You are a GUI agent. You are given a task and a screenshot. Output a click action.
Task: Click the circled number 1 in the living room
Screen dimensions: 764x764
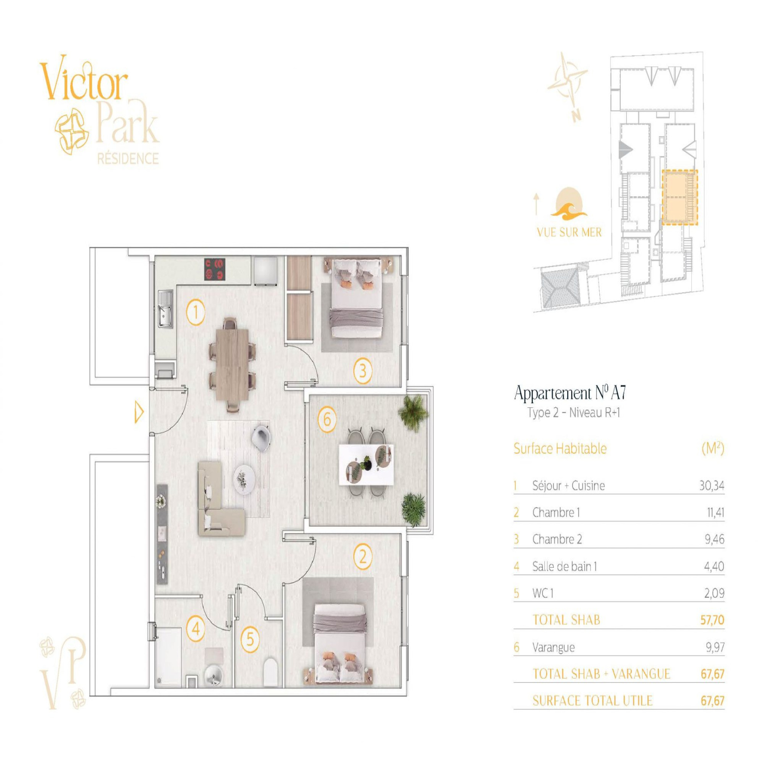195,313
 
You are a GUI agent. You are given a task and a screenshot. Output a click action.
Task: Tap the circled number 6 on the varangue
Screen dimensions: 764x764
327,419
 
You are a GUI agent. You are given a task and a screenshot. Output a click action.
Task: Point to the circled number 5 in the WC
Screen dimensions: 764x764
250,639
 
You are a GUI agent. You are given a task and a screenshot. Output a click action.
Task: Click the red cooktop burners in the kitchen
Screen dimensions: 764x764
215,269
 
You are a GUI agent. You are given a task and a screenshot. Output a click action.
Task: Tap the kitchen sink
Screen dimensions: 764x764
165,309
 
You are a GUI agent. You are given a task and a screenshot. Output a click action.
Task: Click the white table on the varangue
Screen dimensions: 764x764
366,465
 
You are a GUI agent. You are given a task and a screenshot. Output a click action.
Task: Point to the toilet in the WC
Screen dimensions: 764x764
270,671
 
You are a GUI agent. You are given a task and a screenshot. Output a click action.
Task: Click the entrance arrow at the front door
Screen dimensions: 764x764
139,412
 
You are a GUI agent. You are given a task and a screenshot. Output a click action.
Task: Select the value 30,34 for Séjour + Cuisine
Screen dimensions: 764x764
711,486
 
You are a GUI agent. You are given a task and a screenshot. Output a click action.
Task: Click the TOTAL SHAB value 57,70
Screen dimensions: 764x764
712,620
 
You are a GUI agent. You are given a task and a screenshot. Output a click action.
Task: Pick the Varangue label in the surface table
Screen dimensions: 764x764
553,647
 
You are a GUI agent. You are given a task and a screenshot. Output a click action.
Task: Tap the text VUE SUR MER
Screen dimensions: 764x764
569,232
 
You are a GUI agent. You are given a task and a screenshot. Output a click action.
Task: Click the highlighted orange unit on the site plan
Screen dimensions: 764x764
679,197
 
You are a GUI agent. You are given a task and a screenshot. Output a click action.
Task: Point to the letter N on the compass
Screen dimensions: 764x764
576,116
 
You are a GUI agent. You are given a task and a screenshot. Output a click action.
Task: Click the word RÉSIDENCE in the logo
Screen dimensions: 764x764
128,159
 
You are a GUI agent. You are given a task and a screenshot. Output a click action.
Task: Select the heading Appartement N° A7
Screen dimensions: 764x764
570,393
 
